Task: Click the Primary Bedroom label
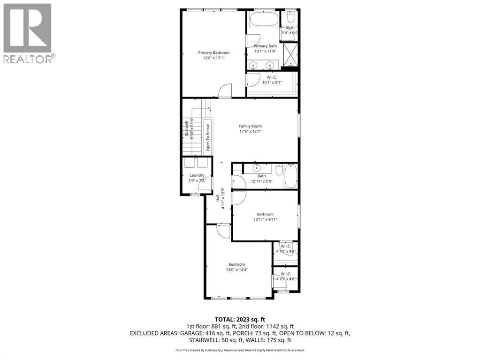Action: (x=213, y=53)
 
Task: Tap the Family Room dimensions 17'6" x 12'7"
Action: (x=250, y=132)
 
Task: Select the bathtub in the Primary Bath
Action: (x=263, y=20)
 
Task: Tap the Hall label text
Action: (x=218, y=199)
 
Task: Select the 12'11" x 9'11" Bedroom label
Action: (x=265, y=214)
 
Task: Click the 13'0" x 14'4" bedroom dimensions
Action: (x=236, y=270)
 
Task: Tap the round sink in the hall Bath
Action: (x=257, y=168)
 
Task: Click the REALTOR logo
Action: (x=28, y=33)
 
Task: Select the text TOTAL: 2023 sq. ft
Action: (x=240, y=319)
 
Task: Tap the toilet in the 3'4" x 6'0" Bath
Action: (x=290, y=17)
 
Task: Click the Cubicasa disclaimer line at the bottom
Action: (x=240, y=350)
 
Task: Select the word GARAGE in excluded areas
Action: (x=185, y=333)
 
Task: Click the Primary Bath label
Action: (x=265, y=46)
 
